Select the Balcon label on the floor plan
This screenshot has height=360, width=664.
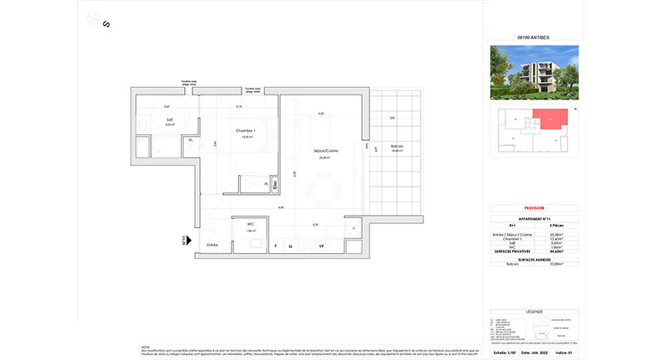[397, 147]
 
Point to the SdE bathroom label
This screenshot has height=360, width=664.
[169, 121]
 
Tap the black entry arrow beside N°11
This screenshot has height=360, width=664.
[190, 241]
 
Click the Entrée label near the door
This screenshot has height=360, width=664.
[212, 244]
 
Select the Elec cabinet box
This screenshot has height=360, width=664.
[276, 187]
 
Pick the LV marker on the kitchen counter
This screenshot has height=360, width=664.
[320, 246]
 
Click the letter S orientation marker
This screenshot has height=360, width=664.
[105, 23]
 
